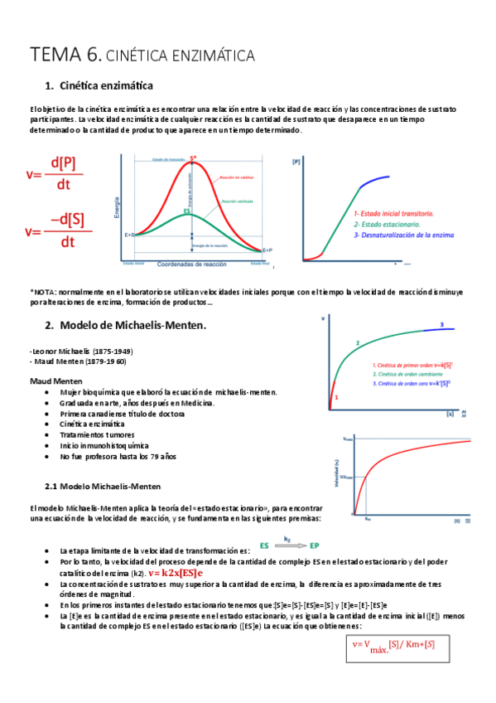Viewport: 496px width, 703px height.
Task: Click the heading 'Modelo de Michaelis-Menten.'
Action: click(x=132, y=325)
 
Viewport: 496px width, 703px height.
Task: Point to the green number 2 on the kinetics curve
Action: click(x=357, y=343)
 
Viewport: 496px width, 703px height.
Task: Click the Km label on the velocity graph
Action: click(x=367, y=519)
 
